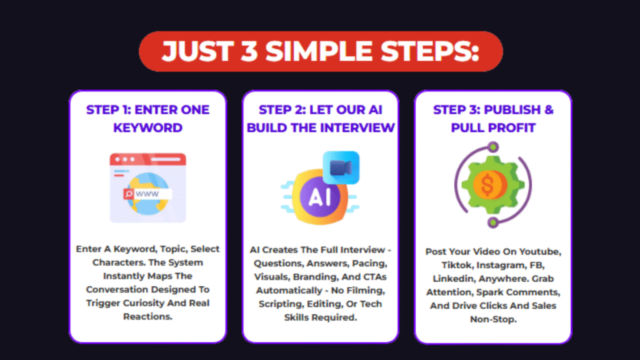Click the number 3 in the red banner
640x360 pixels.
tap(252, 52)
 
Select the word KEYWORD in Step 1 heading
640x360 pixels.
tap(147, 127)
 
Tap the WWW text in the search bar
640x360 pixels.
tap(147, 194)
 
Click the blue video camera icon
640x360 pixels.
tap(341, 167)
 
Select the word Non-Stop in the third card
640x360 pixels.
tap(492, 319)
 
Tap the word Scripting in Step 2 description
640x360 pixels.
tap(282, 304)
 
